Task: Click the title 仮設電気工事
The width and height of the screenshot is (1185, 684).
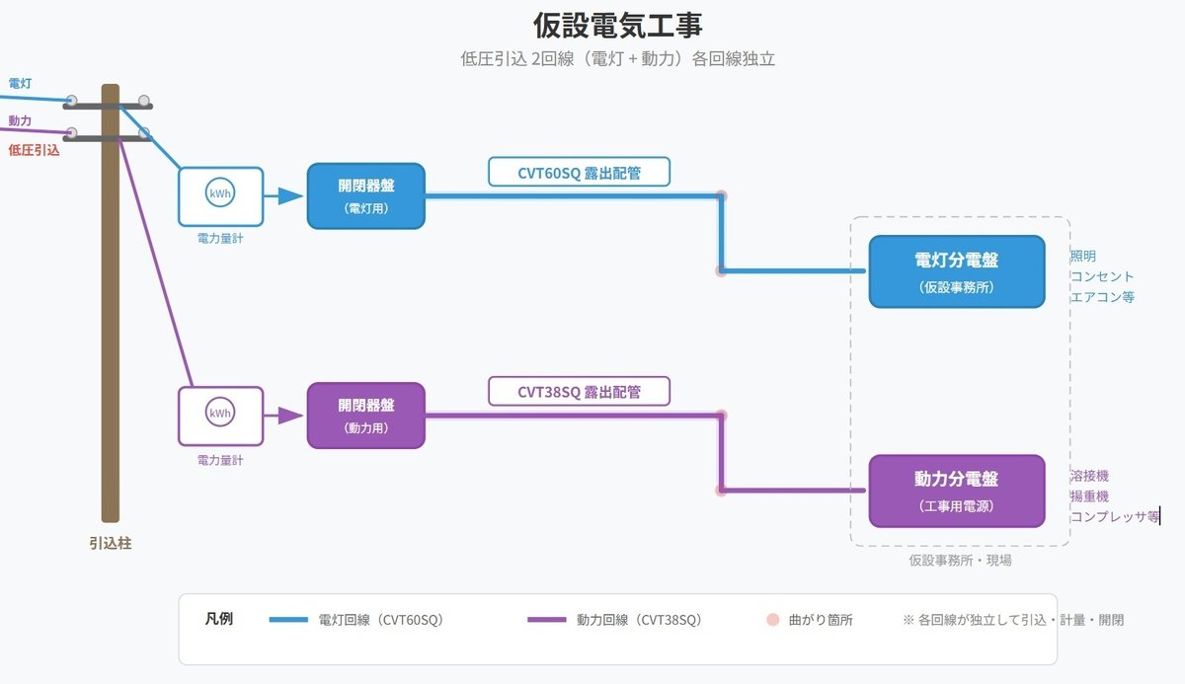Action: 618,25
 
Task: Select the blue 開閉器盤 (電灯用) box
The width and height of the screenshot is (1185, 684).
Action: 365,195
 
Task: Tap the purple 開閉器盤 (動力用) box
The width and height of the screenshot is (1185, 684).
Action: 365,416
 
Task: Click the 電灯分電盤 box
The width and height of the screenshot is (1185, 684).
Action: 956,271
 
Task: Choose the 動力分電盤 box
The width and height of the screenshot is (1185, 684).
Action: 956,491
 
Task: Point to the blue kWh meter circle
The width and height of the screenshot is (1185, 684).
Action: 220,194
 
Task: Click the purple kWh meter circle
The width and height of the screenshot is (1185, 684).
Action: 220,415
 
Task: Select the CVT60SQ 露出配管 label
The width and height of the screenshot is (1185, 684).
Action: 579,173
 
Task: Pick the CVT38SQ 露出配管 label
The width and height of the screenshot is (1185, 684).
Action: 579,392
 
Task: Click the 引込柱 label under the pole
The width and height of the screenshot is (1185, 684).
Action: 110,543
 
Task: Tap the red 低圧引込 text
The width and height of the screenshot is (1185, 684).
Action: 35,150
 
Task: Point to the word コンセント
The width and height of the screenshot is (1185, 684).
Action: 1102,276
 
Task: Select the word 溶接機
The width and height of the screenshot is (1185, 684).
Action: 1089,476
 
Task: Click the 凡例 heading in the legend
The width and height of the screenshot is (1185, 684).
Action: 219,620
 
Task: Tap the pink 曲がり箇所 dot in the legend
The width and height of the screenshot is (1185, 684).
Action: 773,621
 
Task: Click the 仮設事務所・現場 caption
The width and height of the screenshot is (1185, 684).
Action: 960,560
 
